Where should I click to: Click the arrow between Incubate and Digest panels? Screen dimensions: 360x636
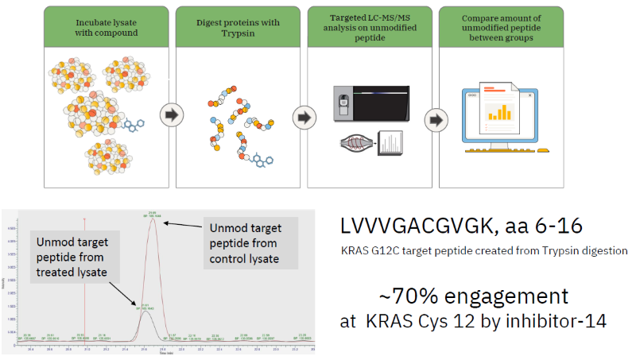(169, 115)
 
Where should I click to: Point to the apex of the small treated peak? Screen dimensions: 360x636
(145, 311)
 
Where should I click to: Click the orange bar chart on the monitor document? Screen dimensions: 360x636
(498, 113)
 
